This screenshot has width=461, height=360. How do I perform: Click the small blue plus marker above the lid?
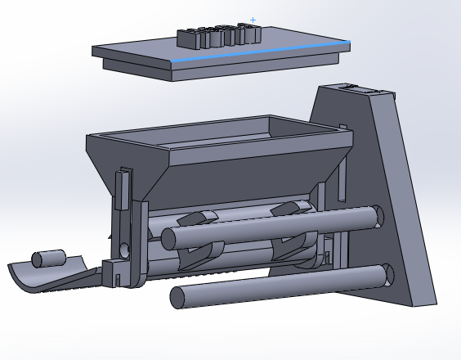pyautogui.click(x=253, y=20)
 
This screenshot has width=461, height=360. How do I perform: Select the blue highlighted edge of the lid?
pyautogui.click(x=262, y=51)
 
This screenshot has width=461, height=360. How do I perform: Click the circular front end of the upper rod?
pyautogui.click(x=169, y=239)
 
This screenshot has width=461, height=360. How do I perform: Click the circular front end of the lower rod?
pyautogui.click(x=177, y=297)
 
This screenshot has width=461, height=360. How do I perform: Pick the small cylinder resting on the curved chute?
pyautogui.click(x=48, y=259)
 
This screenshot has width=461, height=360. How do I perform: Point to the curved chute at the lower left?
pyautogui.click(x=49, y=277)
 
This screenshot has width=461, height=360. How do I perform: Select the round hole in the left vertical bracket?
pyautogui.click(x=124, y=249)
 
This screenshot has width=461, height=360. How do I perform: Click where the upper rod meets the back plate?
pyautogui.click(x=375, y=216)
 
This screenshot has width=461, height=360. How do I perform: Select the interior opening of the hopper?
pyautogui.click(x=221, y=135)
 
